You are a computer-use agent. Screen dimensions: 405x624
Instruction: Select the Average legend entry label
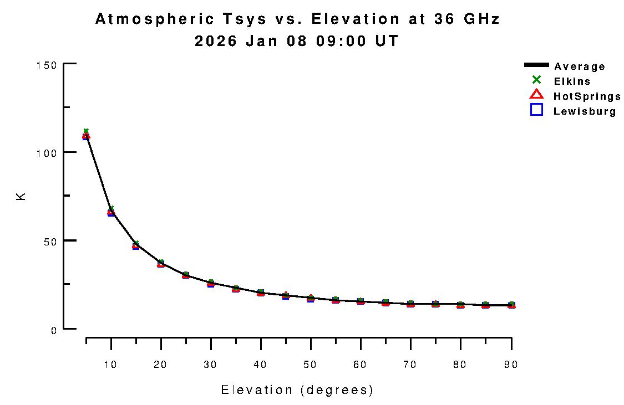580,66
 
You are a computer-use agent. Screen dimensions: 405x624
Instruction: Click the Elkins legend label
572,81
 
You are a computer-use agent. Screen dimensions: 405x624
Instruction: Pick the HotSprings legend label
587,96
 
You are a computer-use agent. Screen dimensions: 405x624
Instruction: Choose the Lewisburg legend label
585,111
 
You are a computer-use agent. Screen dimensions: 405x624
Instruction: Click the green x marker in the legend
536,80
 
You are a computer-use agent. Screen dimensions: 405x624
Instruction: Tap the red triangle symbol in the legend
536,94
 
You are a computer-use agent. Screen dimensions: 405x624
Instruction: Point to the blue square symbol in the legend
536,110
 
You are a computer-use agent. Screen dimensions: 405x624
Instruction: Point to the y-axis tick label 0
54,330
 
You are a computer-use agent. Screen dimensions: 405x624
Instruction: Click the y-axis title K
21,196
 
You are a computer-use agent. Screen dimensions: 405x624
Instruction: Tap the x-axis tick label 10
111,365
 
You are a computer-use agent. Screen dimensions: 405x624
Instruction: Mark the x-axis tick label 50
311,365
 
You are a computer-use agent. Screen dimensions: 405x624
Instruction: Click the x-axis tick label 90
510,365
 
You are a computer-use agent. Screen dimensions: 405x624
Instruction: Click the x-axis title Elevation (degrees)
297,390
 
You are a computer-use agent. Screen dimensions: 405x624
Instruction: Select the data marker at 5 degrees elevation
86,136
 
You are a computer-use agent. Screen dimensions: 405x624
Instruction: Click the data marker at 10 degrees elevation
111,212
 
